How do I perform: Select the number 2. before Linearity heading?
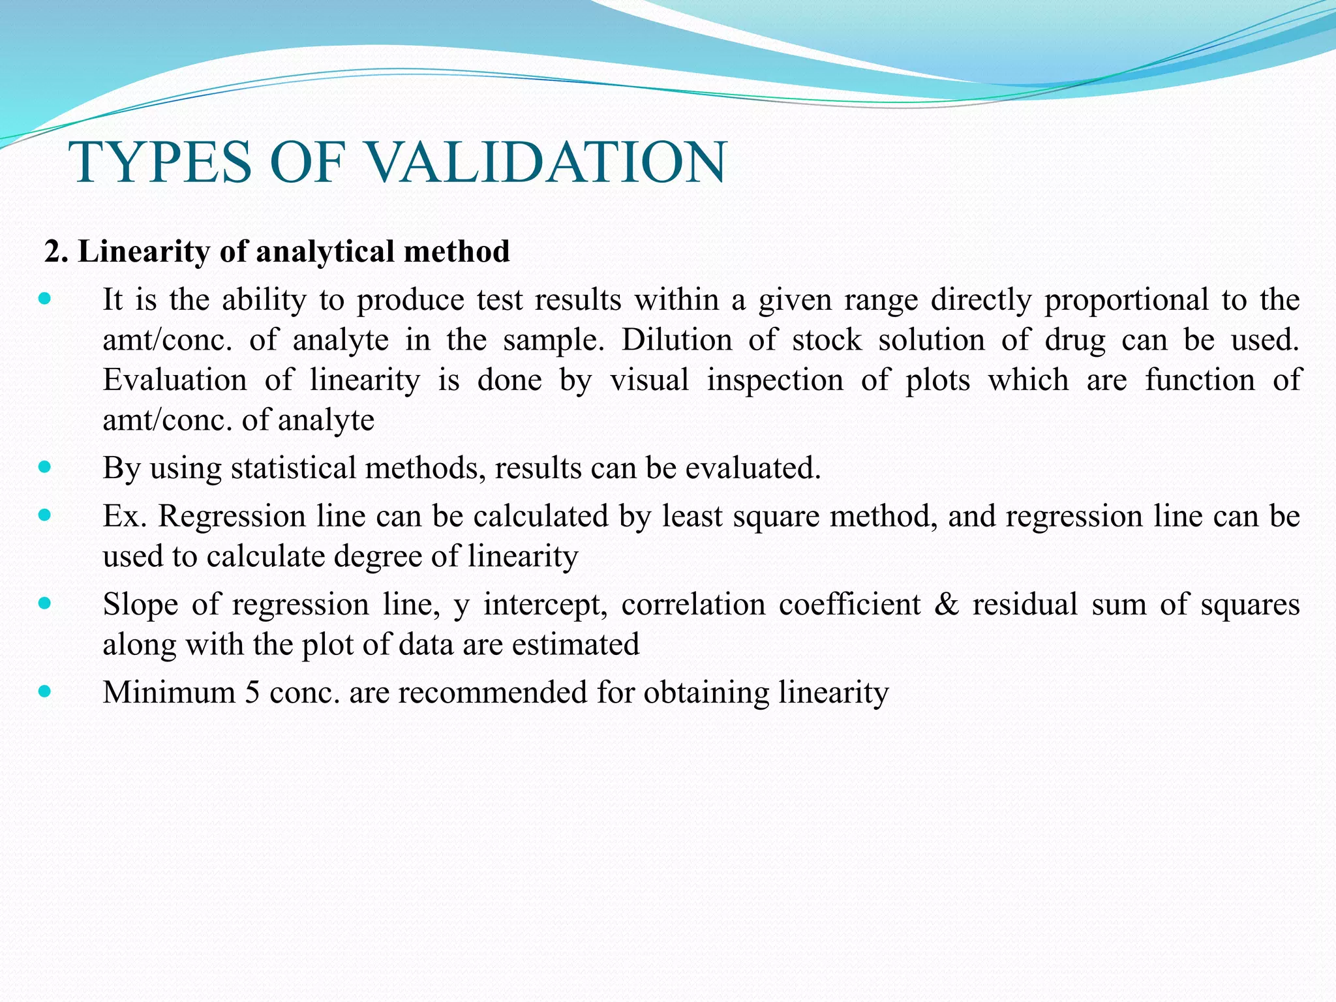(x=57, y=252)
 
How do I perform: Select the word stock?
(x=827, y=340)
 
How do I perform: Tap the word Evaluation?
(x=175, y=380)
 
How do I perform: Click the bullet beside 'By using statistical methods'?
(x=44, y=467)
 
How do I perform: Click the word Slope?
(x=140, y=605)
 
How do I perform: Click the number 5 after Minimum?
(x=252, y=692)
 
